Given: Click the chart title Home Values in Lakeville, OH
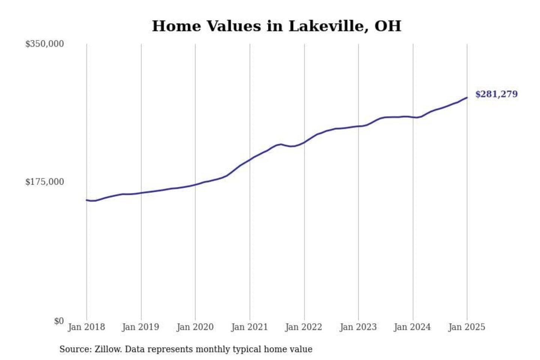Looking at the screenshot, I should [276, 26].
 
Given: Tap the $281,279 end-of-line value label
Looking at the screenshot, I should [496, 94].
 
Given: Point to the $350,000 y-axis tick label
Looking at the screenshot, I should [44, 44].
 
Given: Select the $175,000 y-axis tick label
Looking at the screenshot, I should [44, 182].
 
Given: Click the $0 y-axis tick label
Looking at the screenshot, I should [58, 321].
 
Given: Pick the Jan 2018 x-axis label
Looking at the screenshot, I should [86, 327].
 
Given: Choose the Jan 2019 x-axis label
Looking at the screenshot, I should [141, 327].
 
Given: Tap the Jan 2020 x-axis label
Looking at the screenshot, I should [195, 327].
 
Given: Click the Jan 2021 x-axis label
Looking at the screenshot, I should [249, 327].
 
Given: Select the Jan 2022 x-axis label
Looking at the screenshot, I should [304, 327].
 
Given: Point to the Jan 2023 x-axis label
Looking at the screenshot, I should [358, 327].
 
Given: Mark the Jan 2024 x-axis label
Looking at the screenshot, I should [412, 327].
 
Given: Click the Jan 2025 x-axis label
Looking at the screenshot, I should [467, 327].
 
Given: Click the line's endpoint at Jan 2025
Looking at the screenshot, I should [467, 97].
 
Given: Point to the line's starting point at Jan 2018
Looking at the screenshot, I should [87, 200].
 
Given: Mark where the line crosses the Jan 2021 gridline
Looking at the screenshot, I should [250, 160].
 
